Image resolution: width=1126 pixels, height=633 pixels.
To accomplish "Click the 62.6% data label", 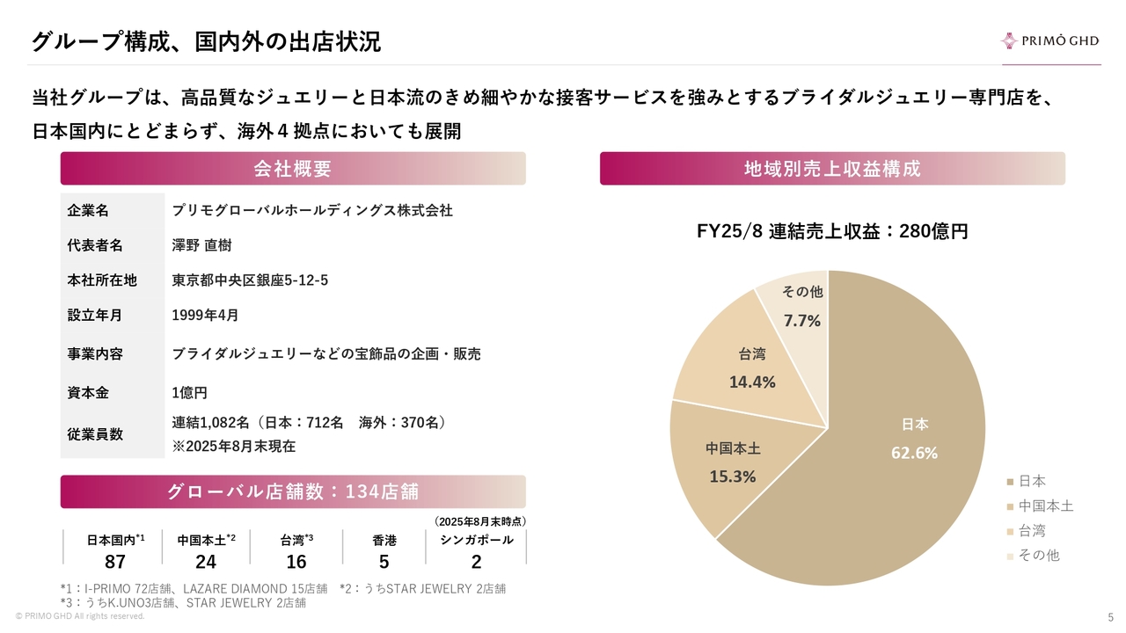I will point(914,454).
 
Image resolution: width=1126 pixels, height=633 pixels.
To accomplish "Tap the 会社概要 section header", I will point(292,169).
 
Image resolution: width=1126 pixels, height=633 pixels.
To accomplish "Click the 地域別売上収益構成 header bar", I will point(831,169).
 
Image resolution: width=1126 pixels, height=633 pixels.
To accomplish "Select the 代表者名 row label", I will point(95,245).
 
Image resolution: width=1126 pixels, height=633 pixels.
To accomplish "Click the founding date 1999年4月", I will point(204,315).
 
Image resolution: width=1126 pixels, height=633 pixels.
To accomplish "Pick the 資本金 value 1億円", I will point(189,393).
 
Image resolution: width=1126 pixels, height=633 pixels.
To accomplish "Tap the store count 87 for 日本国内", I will point(115,562).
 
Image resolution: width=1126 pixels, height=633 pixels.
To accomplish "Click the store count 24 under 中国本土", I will point(205,562).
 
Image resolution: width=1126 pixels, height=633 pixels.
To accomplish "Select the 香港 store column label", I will point(384,541).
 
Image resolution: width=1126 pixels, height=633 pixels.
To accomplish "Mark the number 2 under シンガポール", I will point(476,562).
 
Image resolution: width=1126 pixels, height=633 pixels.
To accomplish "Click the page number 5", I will point(1110,616).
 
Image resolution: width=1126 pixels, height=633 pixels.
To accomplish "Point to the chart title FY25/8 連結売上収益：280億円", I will point(831,232).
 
